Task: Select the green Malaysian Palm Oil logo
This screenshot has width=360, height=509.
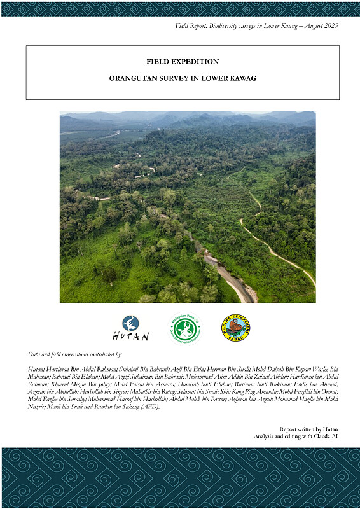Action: click(185, 328)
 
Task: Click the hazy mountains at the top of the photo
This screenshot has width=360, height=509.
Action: click(191, 118)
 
